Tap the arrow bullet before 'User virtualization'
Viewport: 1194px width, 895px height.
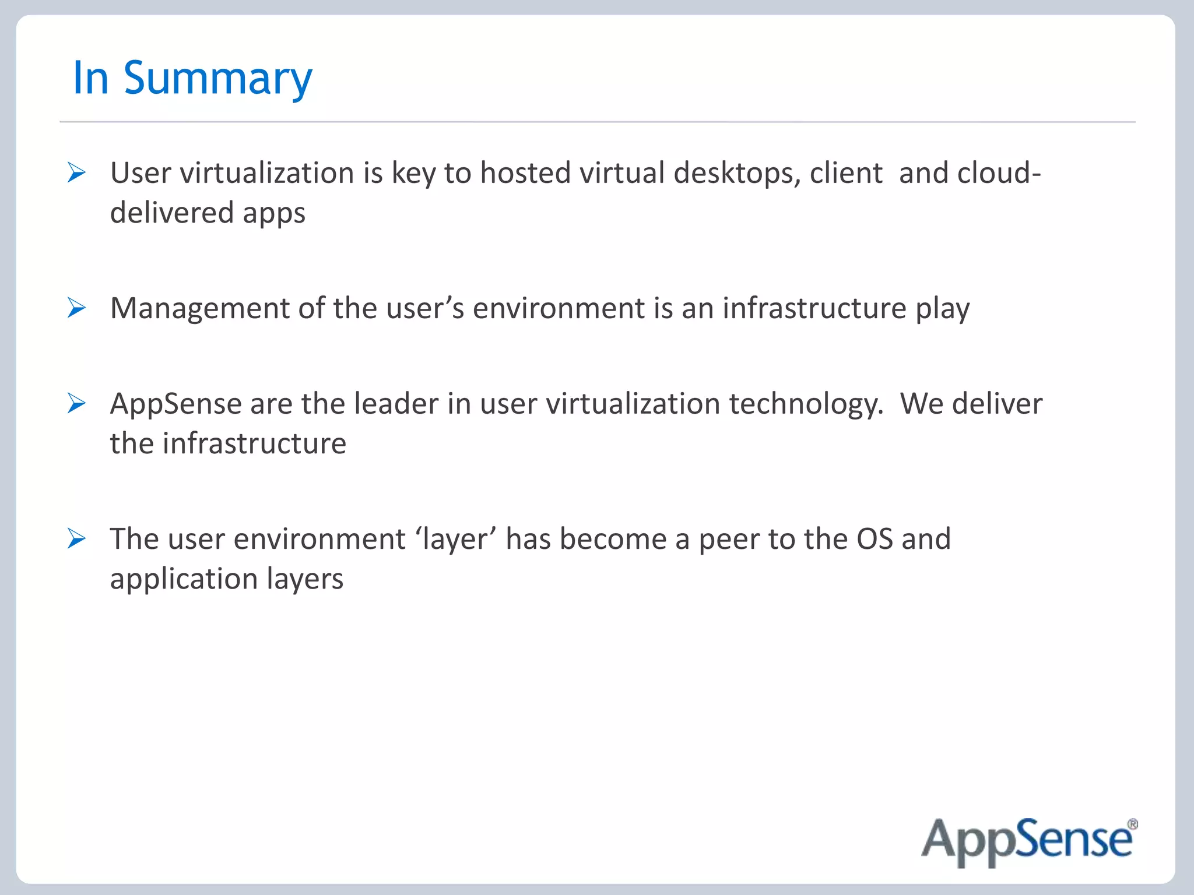pos(76,172)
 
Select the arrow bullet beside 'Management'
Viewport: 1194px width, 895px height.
pos(76,308)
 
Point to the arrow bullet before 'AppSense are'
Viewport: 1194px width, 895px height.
pos(76,403)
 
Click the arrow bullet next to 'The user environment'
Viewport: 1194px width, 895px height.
pos(76,538)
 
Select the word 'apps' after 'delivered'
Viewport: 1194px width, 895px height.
pos(274,213)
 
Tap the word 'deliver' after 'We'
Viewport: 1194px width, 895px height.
pos(997,404)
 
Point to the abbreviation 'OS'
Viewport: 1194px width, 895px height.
pos(874,539)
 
